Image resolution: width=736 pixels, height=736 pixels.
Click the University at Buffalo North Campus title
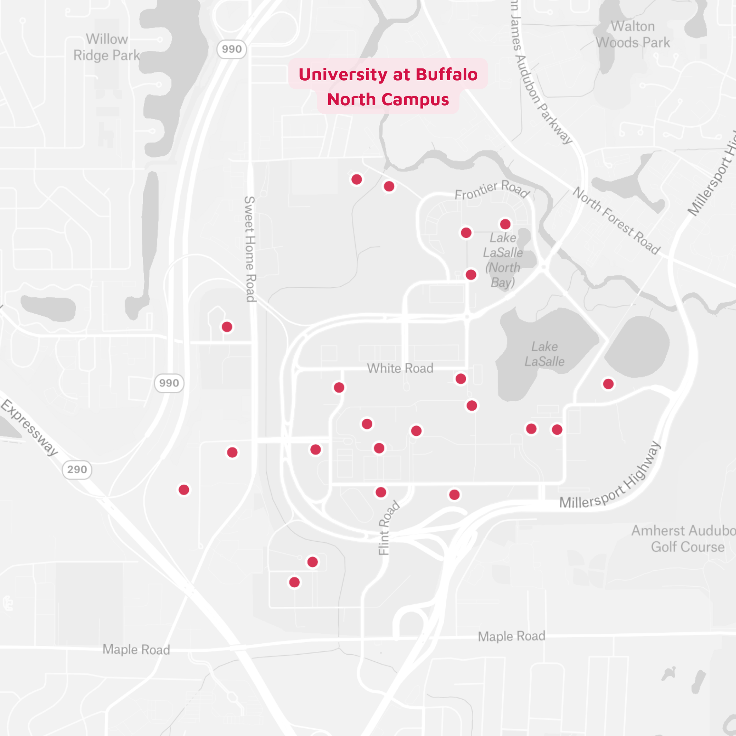pos(388,86)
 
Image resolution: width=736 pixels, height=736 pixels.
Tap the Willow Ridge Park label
pos(107,47)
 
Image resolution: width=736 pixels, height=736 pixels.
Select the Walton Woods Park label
pos(633,34)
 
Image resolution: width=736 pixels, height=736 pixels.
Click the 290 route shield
pos(77,469)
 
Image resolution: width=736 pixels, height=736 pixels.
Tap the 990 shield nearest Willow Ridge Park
pos(231,49)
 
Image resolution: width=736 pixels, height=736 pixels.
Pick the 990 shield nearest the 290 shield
pos(169,383)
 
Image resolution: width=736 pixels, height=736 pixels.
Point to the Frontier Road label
pos(492,189)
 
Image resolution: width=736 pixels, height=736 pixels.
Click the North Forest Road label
pos(617,221)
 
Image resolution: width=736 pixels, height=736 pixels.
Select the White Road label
pos(400,368)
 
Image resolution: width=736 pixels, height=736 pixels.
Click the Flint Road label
pos(388,528)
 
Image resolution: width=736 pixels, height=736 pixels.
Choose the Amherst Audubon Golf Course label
pos(684,539)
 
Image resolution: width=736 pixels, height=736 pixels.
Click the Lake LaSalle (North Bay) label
pos(503,260)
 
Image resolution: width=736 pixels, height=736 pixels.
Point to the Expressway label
pos(30,427)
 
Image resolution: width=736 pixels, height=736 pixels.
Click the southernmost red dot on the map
pos(294,582)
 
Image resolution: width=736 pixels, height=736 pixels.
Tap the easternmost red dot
pos(608,384)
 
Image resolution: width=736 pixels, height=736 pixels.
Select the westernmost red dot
pos(184,490)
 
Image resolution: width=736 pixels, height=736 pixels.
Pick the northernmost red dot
pos(357,180)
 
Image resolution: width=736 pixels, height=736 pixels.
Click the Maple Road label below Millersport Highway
pos(511,636)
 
